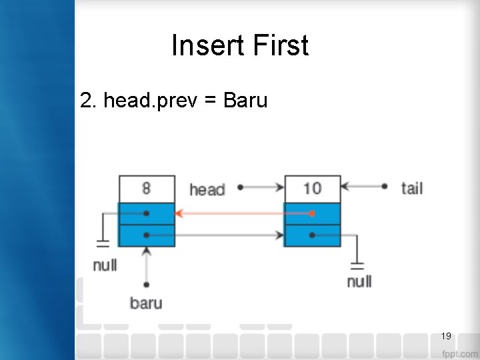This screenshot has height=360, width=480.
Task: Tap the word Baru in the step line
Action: (x=245, y=101)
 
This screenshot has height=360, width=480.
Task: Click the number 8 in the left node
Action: (x=146, y=188)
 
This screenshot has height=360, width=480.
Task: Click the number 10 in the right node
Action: (x=312, y=188)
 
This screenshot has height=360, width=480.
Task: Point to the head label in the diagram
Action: (x=207, y=189)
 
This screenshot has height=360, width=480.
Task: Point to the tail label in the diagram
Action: (x=412, y=188)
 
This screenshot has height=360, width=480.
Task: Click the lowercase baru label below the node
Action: (x=146, y=303)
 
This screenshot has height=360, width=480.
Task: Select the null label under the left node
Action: (x=105, y=265)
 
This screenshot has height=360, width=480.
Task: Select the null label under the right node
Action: (x=359, y=281)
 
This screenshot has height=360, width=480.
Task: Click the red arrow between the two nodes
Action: (x=240, y=214)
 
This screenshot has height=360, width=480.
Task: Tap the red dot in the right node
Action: (x=312, y=214)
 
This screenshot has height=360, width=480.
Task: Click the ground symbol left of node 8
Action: (x=103, y=242)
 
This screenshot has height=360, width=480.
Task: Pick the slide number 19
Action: (x=446, y=335)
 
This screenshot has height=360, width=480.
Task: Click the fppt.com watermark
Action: (x=460, y=353)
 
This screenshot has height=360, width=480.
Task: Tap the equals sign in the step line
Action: (x=211, y=101)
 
